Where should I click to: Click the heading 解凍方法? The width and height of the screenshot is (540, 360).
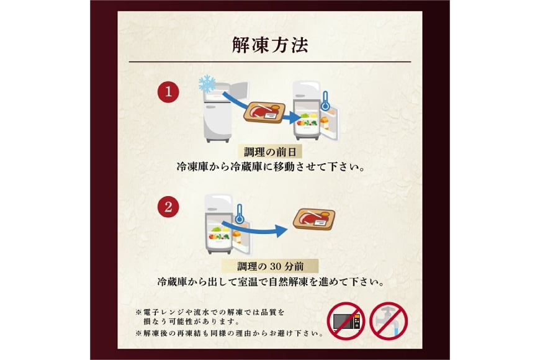coord(269,45)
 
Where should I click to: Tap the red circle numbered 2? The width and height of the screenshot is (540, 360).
coord(168,207)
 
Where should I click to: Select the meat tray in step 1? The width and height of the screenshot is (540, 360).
coord(266,112)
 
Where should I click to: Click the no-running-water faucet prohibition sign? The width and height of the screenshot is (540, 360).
coord(388,322)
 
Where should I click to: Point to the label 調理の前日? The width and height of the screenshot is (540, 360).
coord(269,151)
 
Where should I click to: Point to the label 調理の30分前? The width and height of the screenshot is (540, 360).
coord(269,266)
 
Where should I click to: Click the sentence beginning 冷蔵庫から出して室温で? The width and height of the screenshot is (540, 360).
coord(269,281)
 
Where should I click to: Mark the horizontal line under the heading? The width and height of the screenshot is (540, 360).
coord(269,62)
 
